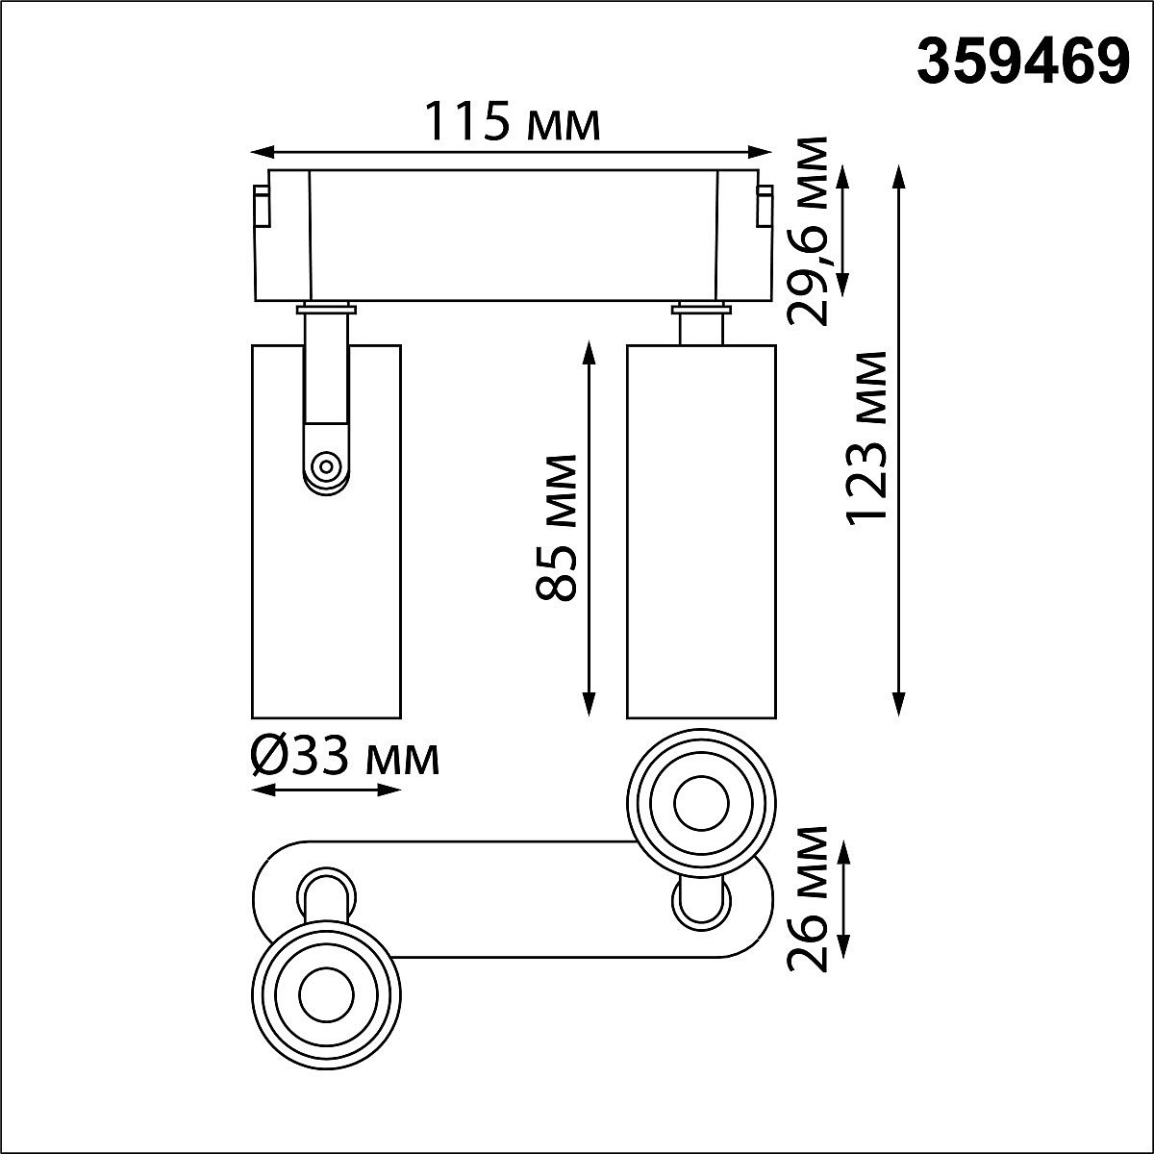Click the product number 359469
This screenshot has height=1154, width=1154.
click(x=1021, y=63)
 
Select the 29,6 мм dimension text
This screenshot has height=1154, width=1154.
click(x=806, y=231)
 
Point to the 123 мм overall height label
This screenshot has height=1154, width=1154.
click(x=866, y=438)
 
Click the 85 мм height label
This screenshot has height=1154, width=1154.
click(x=557, y=528)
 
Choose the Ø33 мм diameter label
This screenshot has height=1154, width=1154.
click(x=344, y=759)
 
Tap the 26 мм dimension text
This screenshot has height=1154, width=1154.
click(x=806, y=899)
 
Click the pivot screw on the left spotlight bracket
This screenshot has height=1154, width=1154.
click(x=326, y=468)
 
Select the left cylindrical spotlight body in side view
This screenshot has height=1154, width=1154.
click(x=326, y=596)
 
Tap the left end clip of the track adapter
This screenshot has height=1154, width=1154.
click(x=260, y=207)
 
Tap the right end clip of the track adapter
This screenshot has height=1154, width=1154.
click(x=765, y=207)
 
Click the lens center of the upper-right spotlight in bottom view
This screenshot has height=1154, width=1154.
click(x=699, y=802)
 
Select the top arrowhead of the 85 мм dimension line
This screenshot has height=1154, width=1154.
click(x=588, y=349)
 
